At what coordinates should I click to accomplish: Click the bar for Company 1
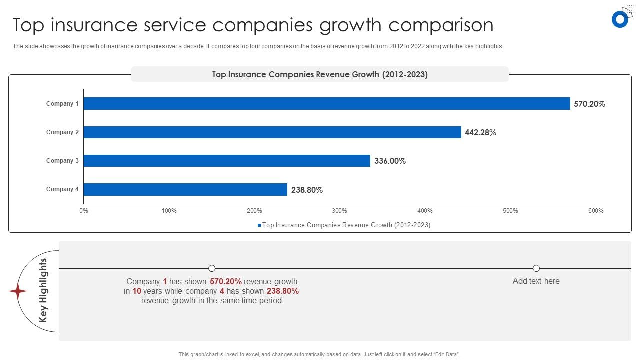[x=327, y=104]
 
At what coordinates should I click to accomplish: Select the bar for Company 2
[x=272, y=132]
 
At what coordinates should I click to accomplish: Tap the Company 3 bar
[x=227, y=161]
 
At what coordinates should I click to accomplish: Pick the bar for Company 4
[x=185, y=189]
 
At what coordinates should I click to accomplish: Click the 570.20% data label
[x=589, y=104]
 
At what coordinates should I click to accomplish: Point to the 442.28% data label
[x=480, y=133]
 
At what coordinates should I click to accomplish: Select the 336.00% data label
[x=390, y=161]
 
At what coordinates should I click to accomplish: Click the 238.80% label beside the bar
[x=307, y=190]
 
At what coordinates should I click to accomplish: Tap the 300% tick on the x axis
[x=340, y=211]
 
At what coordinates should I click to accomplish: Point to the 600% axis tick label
[x=596, y=211]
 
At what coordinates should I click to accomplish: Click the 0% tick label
[x=84, y=211]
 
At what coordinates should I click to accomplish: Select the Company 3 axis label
[x=62, y=161]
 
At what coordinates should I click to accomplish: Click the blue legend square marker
[x=259, y=225]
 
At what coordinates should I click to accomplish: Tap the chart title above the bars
[x=320, y=74]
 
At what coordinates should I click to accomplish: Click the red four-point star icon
[x=18, y=291]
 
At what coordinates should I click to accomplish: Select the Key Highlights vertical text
[x=43, y=290]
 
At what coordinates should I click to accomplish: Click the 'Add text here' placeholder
[x=536, y=281]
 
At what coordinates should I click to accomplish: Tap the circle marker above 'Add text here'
[x=536, y=268]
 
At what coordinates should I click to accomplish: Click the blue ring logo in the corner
[x=620, y=19]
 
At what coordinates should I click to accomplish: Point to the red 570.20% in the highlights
[x=226, y=281]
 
